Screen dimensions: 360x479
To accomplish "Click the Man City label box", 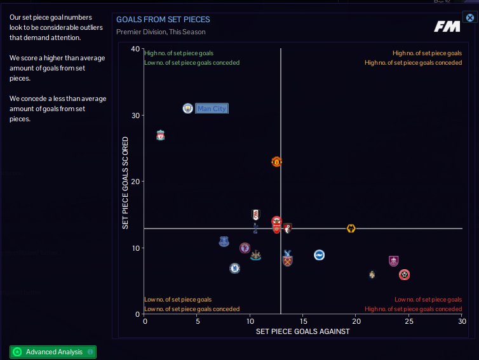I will pyautogui.click(x=212, y=109).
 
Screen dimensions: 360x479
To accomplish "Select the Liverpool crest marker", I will pyautogui.click(x=161, y=135).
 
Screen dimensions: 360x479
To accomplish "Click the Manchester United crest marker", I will pyautogui.click(x=276, y=162).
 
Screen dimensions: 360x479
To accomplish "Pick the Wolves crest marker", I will pyautogui.click(x=351, y=229).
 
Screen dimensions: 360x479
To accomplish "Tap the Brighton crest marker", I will pyautogui.click(x=320, y=255).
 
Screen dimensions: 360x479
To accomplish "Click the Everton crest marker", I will pyautogui.click(x=224, y=241).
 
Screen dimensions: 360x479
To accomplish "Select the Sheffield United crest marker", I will pyautogui.click(x=404, y=275).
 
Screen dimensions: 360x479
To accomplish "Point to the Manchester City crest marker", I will pyautogui.click(x=187, y=109).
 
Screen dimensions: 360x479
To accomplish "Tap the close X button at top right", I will pyautogui.click(x=470, y=18).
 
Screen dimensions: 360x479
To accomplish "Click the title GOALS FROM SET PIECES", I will pyautogui.click(x=163, y=20).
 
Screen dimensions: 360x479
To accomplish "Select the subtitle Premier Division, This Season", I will pyautogui.click(x=161, y=32).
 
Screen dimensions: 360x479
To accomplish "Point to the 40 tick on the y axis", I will pyautogui.click(x=135, y=49).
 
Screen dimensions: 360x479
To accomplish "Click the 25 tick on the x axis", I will pyautogui.click(x=409, y=321).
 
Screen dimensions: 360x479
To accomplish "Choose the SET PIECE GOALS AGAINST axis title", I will pyautogui.click(x=302, y=331).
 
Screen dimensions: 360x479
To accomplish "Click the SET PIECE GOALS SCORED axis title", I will pyautogui.click(x=126, y=182).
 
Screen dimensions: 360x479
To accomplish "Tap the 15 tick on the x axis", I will pyautogui.click(x=303, y=321).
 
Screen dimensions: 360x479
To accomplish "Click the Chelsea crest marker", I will pyautogui.click(x=234, y=269).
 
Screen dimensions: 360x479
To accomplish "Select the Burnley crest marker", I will pyautogui.click(x=393, y=260).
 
